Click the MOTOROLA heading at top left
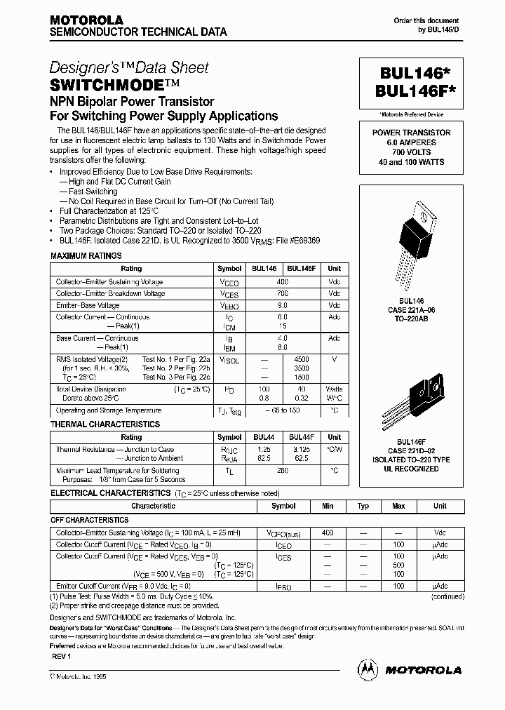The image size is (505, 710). pos(86,20)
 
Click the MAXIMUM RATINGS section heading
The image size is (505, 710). pos(86,256)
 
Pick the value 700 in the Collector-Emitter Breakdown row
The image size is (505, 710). pos(283,293)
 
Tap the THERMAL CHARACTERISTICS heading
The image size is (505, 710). pos(105,424)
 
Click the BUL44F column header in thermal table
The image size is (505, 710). pos(302,437)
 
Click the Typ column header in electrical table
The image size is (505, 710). pos(363,506)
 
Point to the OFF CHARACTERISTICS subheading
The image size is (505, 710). pos(90,520)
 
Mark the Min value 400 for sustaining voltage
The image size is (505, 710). pos(327,533)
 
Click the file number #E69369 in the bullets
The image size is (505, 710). pos(302,239)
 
